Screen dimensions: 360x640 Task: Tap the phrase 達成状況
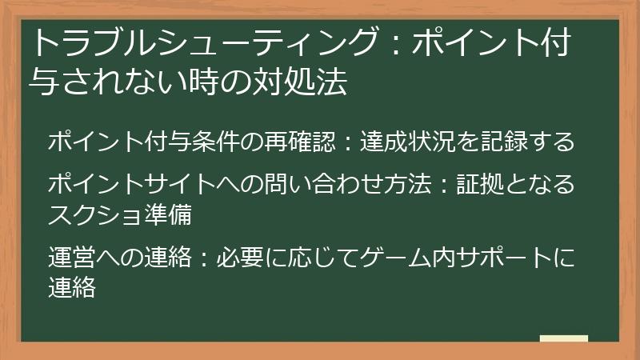coord(406,142)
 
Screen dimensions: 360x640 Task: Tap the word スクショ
coord(94,214)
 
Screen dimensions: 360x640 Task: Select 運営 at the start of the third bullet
coord(72,259)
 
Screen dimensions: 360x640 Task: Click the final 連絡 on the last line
coord(72,286)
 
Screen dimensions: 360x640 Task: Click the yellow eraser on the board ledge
coord(564,339)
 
